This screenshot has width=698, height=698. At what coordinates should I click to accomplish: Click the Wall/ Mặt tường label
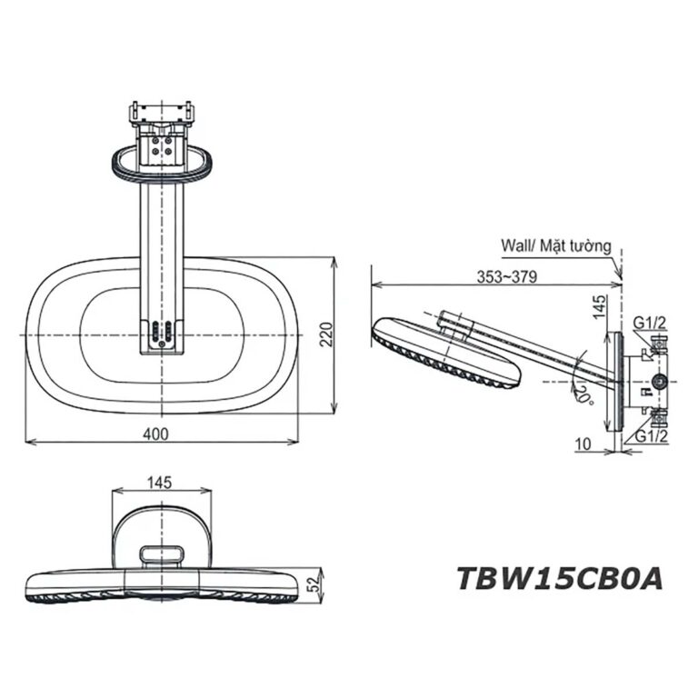555,245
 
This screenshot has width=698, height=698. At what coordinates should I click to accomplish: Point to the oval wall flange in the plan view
163,161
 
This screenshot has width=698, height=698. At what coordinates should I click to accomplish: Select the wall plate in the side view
617,381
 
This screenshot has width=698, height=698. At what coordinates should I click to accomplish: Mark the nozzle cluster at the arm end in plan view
163,332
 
